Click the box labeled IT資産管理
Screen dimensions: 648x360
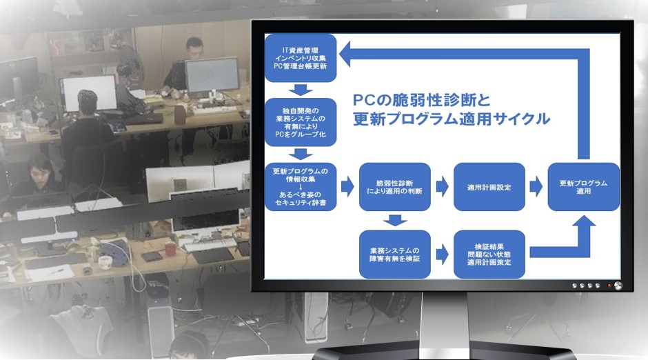pos(301,58)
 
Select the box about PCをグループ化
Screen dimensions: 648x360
pos(301,122)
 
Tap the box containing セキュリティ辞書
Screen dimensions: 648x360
pos(301,187)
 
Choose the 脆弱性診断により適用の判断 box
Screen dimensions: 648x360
pos(395,187)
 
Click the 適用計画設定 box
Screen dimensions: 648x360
pos(489,187)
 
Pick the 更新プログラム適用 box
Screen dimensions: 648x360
pos(583,187)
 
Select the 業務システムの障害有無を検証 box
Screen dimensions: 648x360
pos(395,254)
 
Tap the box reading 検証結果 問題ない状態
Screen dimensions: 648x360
pos(489,254)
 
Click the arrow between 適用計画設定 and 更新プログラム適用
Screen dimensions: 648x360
pos(536,187)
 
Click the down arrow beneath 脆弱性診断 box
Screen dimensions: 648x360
pos(395,220)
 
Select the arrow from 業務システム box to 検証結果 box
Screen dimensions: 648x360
pos(442,254)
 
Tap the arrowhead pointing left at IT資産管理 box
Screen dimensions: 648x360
pos(345,54)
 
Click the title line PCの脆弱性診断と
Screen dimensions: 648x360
pos(421,101)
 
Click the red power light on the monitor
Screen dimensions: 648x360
pos(609,286)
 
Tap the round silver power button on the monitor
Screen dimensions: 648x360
pos(618,286)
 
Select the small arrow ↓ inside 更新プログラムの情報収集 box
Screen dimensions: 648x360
pos(301,187)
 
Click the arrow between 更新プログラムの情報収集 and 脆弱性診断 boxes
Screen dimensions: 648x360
pos(347,187)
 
